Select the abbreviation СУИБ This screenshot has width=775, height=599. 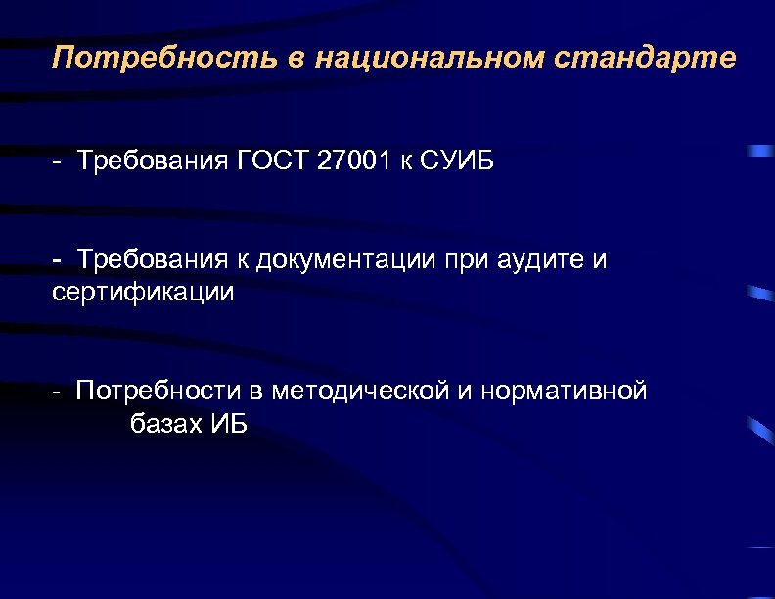[458, 161]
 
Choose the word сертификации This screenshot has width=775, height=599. [143, 293]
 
